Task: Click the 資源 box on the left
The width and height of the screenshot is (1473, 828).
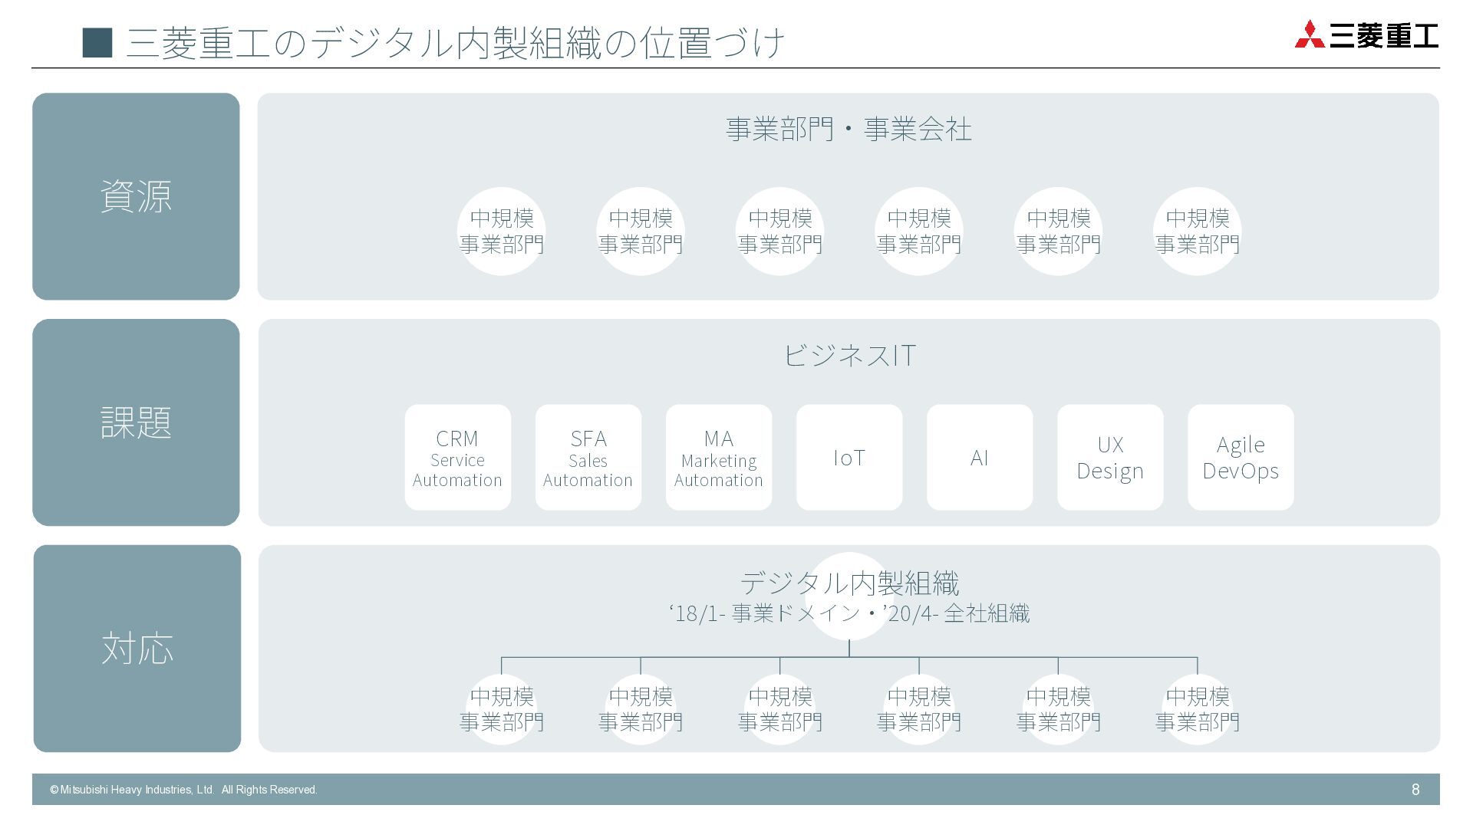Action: pos(136,196)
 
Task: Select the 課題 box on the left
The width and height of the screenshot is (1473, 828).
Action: pos(136,422)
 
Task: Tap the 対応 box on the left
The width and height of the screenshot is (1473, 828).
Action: pos(137,649)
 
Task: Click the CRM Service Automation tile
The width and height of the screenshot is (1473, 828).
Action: pos(457,458)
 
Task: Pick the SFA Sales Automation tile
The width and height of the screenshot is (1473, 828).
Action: pos(588,458)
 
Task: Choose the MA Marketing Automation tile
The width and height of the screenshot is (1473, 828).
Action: pos(718,458)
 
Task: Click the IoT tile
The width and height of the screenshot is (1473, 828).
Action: pos(849,458)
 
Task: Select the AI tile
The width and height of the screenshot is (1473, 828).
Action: pos(979,458)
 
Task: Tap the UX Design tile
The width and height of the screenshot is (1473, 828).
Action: pos(1109,458)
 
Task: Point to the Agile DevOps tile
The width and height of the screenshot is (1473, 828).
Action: pos(1240,458)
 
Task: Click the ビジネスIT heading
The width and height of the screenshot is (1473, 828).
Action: pos(849,355)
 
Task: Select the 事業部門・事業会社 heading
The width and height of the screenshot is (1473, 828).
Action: pos(849,129)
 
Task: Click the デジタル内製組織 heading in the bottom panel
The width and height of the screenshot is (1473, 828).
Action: pos(849,583)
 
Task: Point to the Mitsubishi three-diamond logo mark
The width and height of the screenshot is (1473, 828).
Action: pos(1309,35)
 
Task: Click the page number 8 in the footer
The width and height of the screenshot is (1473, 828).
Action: pos(1415,790)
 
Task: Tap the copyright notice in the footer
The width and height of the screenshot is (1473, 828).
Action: pos(183,790)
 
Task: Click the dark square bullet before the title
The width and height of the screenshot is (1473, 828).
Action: pos(97,43)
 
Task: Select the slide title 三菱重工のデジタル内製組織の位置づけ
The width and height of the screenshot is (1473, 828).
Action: pos(456,43)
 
